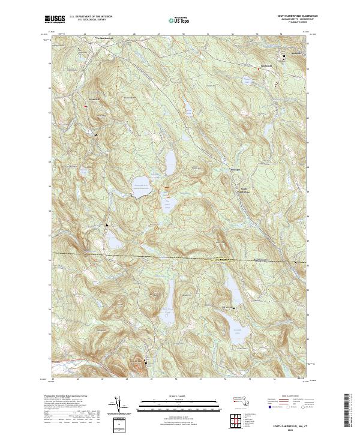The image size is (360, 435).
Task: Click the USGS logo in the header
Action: (56, 20)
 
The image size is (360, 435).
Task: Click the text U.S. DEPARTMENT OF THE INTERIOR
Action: (91, 17)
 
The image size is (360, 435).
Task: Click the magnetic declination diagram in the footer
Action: (120, 406)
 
